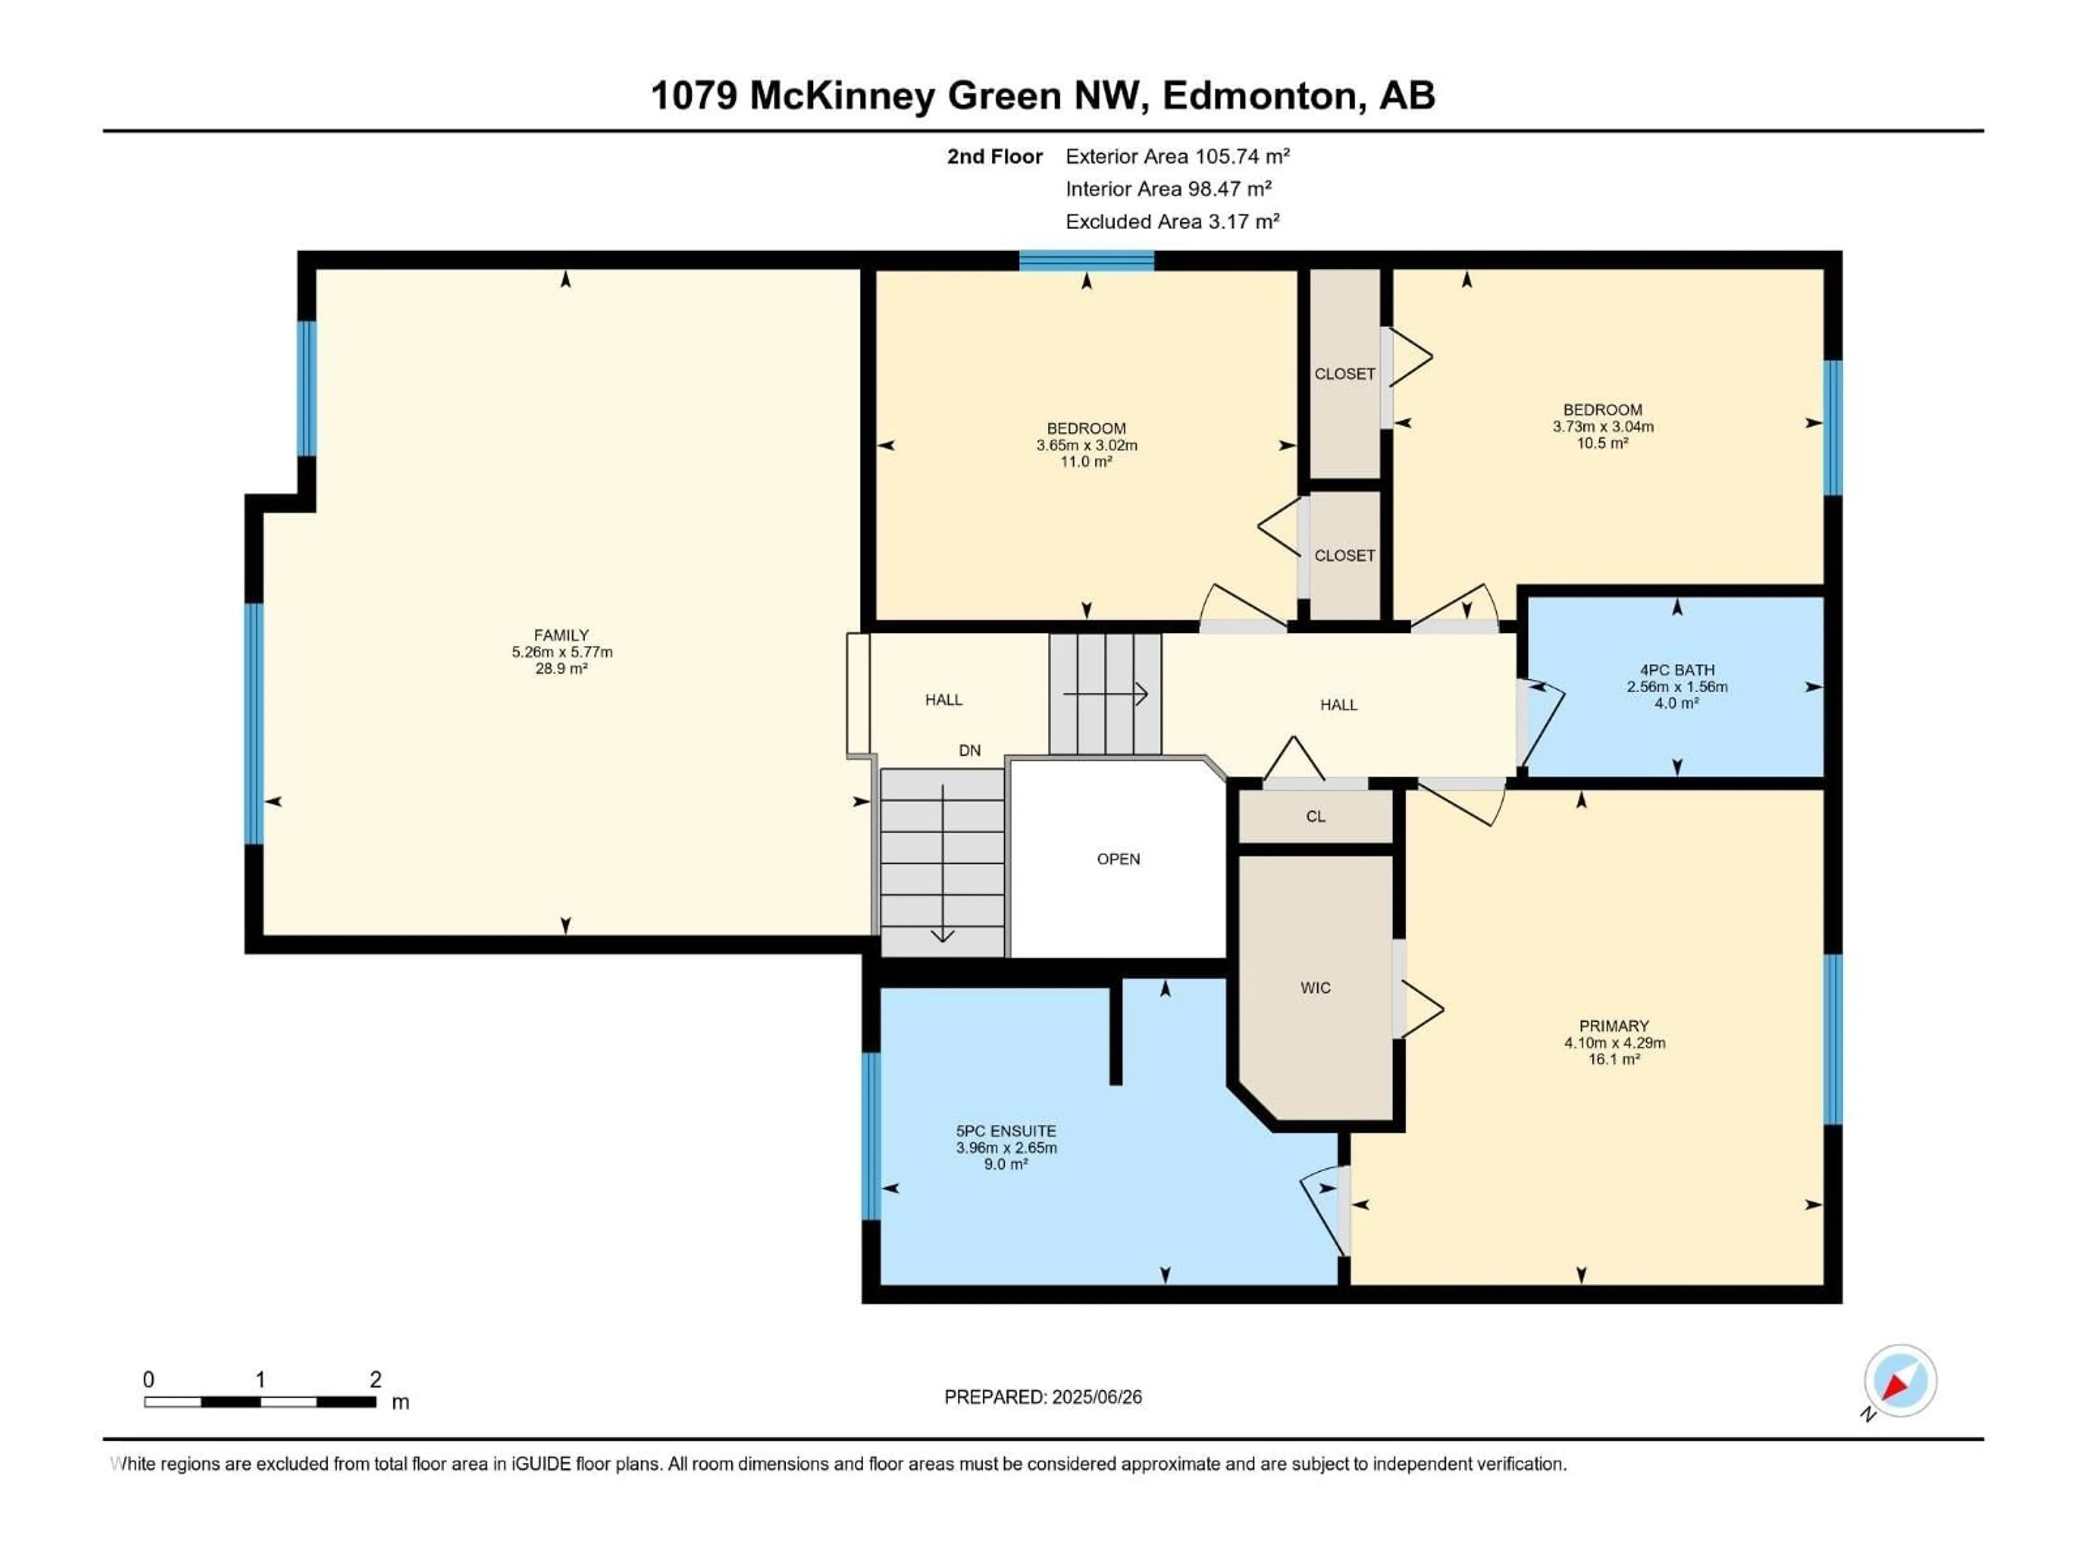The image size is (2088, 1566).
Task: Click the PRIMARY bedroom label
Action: pos(1613,1026)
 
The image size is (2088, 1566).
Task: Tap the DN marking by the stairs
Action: pos(970,750)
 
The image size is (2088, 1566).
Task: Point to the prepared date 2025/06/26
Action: pos(1095,1397)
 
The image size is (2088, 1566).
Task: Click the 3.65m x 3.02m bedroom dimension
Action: pos(1086,445)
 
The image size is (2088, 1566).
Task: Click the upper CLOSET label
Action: pos(1344,374)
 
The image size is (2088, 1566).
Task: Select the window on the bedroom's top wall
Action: pos(1086,260)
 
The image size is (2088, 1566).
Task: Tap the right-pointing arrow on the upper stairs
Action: pos(1107,695)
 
